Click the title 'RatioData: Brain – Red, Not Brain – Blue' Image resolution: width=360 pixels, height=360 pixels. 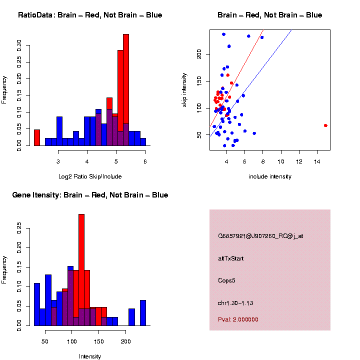click(x=90, y=15)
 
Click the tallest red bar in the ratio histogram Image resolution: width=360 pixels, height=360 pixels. click(x=126, y=90)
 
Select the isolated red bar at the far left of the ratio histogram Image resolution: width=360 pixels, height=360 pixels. click(x=36, y=137)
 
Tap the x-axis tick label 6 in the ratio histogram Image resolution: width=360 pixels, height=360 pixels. click(x=145, y=162)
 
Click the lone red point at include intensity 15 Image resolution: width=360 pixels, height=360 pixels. click(x=325, y=125)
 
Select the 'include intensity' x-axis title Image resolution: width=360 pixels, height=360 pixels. click(x=270, y=176)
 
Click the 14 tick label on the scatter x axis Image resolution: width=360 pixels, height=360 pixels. click(x=316, y=162)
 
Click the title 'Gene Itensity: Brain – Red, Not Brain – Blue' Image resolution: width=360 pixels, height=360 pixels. click(x=90, y=195)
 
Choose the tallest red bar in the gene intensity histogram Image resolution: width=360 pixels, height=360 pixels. click(x=81, y=270)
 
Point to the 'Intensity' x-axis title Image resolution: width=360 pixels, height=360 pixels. click(x=90, y=356)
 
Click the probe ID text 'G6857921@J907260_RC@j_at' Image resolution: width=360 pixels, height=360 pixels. click(x=260, y=236)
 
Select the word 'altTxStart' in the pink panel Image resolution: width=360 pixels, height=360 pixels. click(x=231, y=258)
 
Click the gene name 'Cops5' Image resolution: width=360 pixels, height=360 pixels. click(x=226, y=280)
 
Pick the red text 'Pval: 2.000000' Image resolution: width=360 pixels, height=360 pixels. click(x=238, y=319)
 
